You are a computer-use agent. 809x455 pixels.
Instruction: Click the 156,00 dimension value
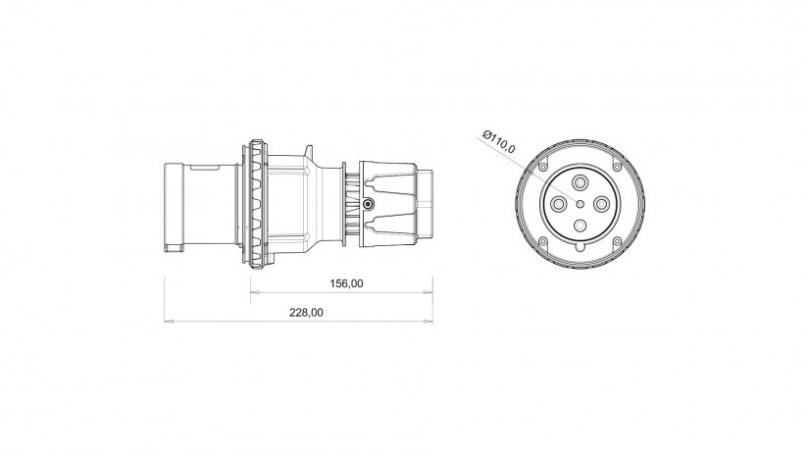point(346,283)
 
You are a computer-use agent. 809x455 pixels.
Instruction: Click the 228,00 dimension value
point(306,313)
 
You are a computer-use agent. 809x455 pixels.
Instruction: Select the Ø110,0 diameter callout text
point(498,141)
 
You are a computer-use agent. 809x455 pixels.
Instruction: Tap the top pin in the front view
point(580,182)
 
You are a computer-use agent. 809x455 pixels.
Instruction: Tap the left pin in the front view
point(558,204)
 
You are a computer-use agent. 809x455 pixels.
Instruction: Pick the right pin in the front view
point(601,204)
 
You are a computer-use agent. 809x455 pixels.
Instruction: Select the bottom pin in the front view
point(580,226)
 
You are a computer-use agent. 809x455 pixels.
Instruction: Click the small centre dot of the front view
point(580,204)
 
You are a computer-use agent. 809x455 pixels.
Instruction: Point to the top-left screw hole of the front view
point(543,167)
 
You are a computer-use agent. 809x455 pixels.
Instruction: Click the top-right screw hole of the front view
point(617,167)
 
